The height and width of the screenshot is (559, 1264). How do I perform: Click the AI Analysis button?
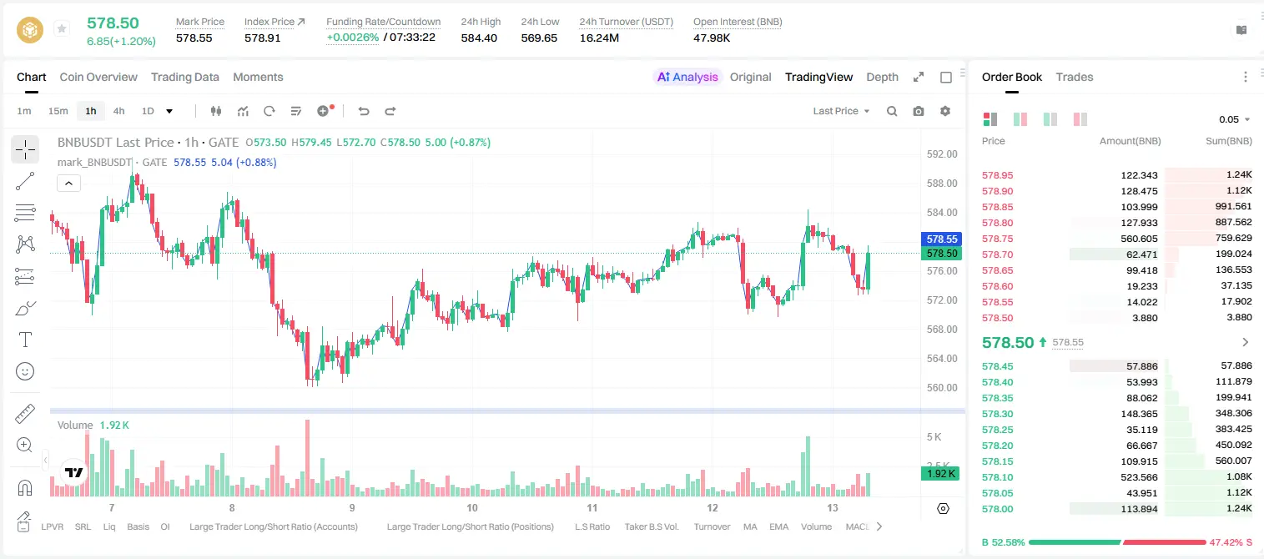pyautogui.click(x=687, y=77)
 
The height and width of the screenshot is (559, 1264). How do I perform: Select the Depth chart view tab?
pyautogui.click(x=882, y=77)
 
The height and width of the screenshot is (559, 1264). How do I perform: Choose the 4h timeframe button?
pyautogui.click(x=118, y=111)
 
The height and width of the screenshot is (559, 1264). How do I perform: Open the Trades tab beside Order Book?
pyautogui.click(x=1075, y=77)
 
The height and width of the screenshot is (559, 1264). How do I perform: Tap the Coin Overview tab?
pyautogui.click(x=98, y=77)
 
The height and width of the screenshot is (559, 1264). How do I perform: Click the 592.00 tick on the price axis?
pyautogui.click(x=942, y=154)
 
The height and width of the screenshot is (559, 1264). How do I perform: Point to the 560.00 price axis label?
pyautogui.click(x=942, y=387)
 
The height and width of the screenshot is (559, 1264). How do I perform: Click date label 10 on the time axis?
pyautogui.click(x=471, y=507)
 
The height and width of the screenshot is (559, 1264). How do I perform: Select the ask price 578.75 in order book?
pyautogui.click(x=997, y=239)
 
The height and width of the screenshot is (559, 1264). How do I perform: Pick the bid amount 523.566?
pyautogui.click(x=1139, y=477)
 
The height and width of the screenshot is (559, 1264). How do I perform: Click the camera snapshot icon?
pyautogui.click(x=919, y=111)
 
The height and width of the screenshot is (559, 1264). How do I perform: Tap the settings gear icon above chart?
pyautogui.click(x=945, y=111)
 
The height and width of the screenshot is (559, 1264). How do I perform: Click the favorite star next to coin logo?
pyautogui.click(x=62, y=28)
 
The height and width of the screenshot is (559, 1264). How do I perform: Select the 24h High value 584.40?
pyautogui.click(x=479, y=38)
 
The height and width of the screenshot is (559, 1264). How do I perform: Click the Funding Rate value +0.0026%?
pyautogui.click(x=353, y=38)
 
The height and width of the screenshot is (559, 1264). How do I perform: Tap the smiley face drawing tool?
pyautogui.click(x=25, y=371)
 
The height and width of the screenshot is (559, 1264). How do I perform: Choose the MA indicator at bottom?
pyautogui.click(x=750, y=526)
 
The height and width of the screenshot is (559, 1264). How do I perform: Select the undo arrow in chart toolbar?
pyautogui.click(x=364, y=111)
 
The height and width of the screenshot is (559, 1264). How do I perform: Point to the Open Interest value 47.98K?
pyautogui.click(x=712, y=38)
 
